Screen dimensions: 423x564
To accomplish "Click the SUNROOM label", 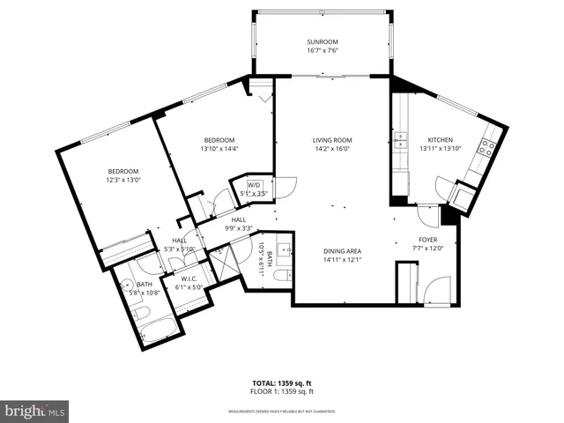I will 323,42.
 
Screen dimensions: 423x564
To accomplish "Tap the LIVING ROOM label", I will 332,140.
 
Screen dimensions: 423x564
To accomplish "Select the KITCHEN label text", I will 440,140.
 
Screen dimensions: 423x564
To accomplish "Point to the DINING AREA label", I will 342,251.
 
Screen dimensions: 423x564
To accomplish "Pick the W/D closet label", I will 254,184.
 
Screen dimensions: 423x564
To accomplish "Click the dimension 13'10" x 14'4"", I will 219,150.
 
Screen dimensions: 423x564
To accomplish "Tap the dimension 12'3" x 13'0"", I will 123,180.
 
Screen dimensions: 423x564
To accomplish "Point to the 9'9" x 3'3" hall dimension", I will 240,228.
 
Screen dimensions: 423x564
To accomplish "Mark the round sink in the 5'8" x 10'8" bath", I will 127,286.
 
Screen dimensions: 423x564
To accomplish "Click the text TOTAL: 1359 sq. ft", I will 283,383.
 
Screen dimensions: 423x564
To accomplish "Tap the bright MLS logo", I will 35,411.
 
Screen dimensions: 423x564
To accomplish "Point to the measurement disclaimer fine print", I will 282,411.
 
